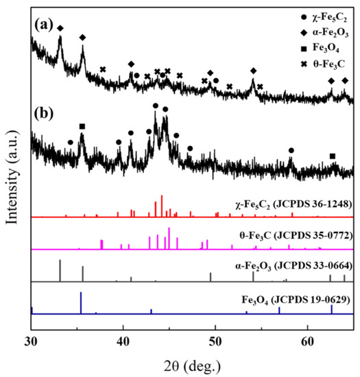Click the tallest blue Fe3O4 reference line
(81, 302)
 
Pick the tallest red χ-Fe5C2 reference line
(162, 206)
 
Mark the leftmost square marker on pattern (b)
(82, 126)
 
